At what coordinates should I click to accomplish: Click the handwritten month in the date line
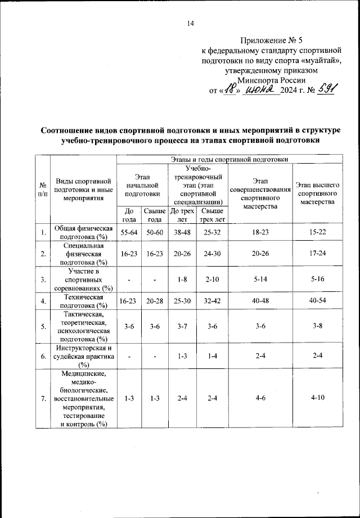click(263, 90)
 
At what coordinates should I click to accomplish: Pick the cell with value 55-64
click(129, 232)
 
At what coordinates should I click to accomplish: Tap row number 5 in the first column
click(43, 326)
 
